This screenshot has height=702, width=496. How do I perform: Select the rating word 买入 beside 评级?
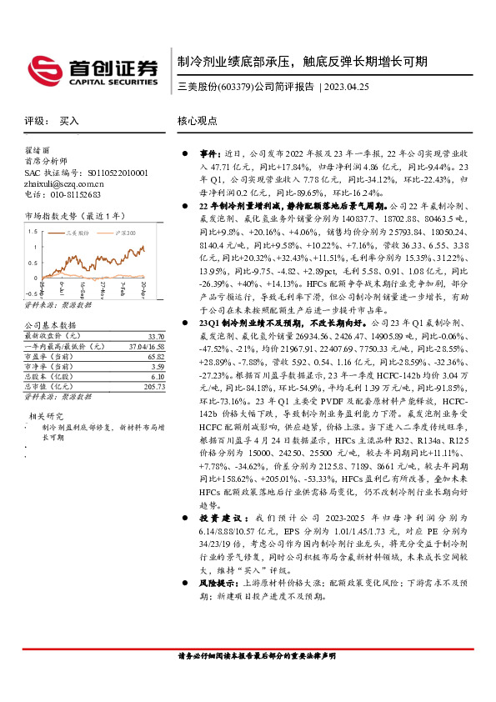69,121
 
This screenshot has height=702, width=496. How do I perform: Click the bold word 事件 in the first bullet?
208,155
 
